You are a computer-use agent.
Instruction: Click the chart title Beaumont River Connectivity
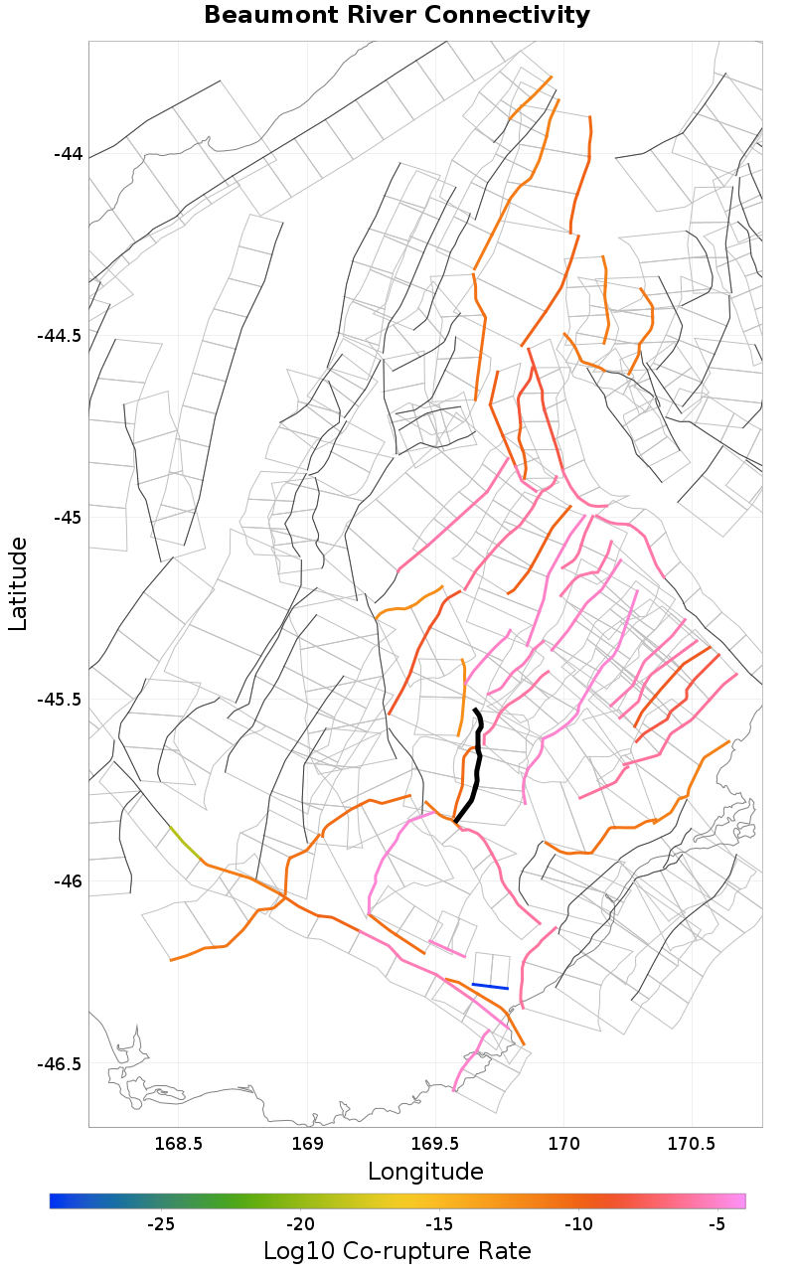click(x=397, y=16)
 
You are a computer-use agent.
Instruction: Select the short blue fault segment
click(x=490, y=986)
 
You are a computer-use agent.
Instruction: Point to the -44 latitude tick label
click(x=68, y=154)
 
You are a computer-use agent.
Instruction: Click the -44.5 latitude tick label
click(x=60, y=336)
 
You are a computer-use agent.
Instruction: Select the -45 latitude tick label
click(x=68, y=518)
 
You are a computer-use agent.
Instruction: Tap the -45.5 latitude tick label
click(x=60, y=700)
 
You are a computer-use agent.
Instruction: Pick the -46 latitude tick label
click(x=68, y=881)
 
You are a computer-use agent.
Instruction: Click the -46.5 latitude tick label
click(x=60, y=1063)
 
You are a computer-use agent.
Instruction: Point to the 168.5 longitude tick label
click(x=179, y=1143)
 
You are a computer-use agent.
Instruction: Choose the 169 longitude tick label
click(x=308, y=1143)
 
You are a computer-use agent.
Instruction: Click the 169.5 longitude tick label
click(x=435, y=1143)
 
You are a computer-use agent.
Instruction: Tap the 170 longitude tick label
click(x=563, y=1143)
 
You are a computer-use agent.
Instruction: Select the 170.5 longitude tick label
click(x=691, y=1143)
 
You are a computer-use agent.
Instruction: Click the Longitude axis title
click(x=425, y=1172)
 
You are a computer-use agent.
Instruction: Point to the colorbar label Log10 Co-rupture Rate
click(x=397, y=1251)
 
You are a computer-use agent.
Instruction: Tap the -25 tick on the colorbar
click(x=162, y=1224)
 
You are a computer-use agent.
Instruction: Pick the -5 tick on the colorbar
click(x=716, y=1224)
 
